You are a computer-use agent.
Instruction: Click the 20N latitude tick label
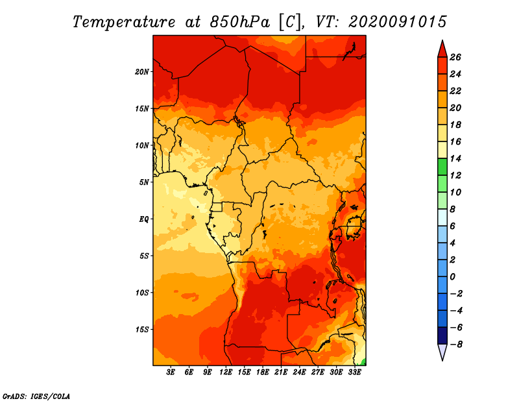[141, 72]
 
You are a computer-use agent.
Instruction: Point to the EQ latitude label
[143, 219]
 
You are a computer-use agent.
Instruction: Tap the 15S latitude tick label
[141, 330]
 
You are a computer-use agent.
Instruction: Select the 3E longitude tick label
[171, 372]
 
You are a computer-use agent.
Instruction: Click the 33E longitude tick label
[354, 372]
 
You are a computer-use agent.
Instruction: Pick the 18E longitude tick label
[263, 372]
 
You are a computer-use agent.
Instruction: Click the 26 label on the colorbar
[455, 57]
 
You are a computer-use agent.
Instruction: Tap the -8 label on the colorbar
[456, 345]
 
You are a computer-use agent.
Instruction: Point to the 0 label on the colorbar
[452, 277]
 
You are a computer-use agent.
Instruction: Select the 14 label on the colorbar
[455, 158]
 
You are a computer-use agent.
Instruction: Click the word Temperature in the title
[123, 22]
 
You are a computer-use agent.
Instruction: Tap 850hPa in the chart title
[239, 22]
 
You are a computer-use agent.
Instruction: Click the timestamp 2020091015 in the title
[398, 22]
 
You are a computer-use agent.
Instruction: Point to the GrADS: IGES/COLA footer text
[36, 396]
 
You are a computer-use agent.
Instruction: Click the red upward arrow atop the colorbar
[442, 49]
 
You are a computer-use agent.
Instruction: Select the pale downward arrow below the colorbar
[442, 352]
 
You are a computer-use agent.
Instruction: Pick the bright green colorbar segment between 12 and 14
[442, 167]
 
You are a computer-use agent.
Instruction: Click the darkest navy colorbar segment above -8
[442, 335]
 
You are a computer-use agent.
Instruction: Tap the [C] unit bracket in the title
[290, 22]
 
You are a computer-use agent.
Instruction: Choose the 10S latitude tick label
[141, 293]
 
